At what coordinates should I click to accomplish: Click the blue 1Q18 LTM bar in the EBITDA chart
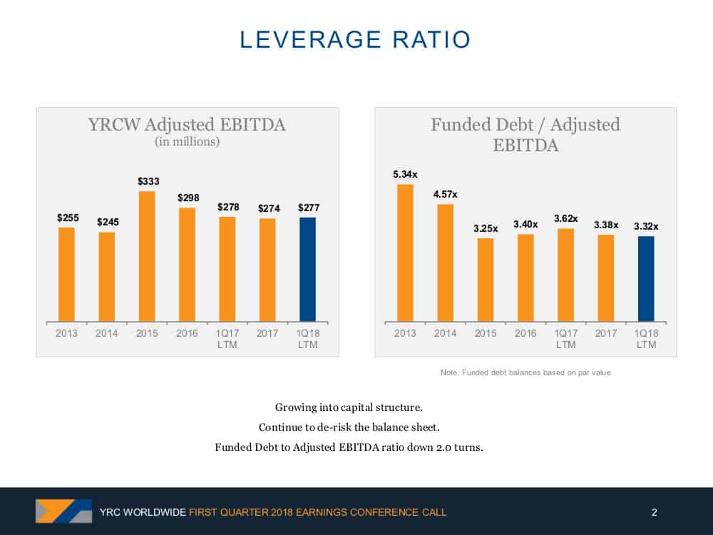(307, 270)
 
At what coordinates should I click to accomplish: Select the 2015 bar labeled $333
(147, 257)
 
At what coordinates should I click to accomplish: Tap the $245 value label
(108, 222)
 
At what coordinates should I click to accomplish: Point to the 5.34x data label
(405, 174)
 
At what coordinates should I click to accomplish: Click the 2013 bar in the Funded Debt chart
(405, 253)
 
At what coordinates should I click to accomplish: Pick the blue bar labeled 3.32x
(646, 279)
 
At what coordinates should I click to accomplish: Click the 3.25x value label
(486, 228)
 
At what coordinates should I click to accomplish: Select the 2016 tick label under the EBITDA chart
(187, 333)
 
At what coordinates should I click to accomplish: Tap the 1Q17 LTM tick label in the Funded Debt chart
(565, 339)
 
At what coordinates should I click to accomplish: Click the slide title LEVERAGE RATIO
(355, 39)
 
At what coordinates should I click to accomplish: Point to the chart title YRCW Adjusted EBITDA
(187, 124)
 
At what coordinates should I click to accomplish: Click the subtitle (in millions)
(188, 141)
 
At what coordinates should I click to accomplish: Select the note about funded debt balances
(525, 372)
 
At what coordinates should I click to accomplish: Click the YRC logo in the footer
(63, 511)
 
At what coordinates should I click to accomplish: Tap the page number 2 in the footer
(655, 512)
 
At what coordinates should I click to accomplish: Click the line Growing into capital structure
(349, 407)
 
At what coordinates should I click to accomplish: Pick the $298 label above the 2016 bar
(188, 198)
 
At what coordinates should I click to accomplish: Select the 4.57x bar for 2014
(445, 263)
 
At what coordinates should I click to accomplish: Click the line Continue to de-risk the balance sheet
(349, 427)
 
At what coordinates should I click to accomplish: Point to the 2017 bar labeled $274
(267, 270)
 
